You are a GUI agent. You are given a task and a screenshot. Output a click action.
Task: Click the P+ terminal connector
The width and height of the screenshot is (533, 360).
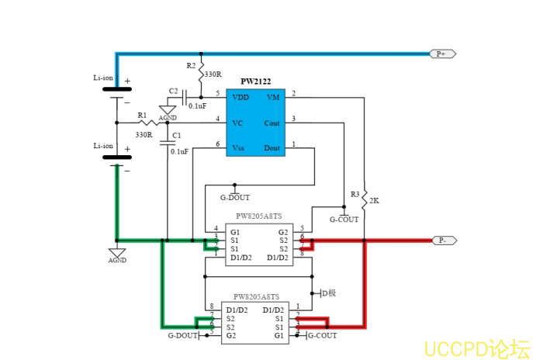[x=442, y=54]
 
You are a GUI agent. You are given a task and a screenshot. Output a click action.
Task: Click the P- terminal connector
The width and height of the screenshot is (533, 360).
[x=442, y=241]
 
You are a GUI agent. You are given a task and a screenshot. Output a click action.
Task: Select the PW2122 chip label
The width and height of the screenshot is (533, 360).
[x=255, y=81]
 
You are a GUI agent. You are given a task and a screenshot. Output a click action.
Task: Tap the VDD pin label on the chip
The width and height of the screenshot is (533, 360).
[x=241, y=97]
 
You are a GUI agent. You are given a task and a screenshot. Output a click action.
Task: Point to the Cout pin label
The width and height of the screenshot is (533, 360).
[x=272, y=123]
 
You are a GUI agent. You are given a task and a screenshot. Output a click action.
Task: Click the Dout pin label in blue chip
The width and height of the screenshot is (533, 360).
[x=272, y=147]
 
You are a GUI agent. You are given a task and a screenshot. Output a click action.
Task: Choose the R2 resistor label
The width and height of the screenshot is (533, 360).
[x=192, y=65]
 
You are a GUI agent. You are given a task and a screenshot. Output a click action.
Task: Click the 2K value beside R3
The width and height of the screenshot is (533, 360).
[x=374, y=200]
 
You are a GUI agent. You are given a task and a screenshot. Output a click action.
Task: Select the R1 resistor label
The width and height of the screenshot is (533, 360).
[x=142, y=115]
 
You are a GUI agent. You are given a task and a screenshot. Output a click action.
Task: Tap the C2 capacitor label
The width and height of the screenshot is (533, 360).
[x=173, y=91]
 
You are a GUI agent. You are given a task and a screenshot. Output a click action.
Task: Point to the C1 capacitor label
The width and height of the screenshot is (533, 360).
[x=176, y=136]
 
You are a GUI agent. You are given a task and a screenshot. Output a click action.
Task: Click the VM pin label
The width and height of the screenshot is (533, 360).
[x=273, y=97]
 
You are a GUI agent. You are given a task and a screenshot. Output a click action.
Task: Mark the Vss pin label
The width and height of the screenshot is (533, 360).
[x=239, y=147]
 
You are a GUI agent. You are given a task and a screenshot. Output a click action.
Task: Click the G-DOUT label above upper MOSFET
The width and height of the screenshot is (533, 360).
[x=235, y=198]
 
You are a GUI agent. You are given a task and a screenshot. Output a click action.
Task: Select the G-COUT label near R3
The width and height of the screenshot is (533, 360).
[x=344, y=219]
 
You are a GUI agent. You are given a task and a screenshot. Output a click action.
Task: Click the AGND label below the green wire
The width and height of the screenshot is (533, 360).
[x=117, y=261]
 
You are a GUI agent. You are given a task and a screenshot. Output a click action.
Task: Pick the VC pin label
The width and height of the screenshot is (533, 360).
[x=237, y=123]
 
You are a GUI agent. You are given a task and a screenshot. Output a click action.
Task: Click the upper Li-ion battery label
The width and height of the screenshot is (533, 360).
[x=103, y=78]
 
